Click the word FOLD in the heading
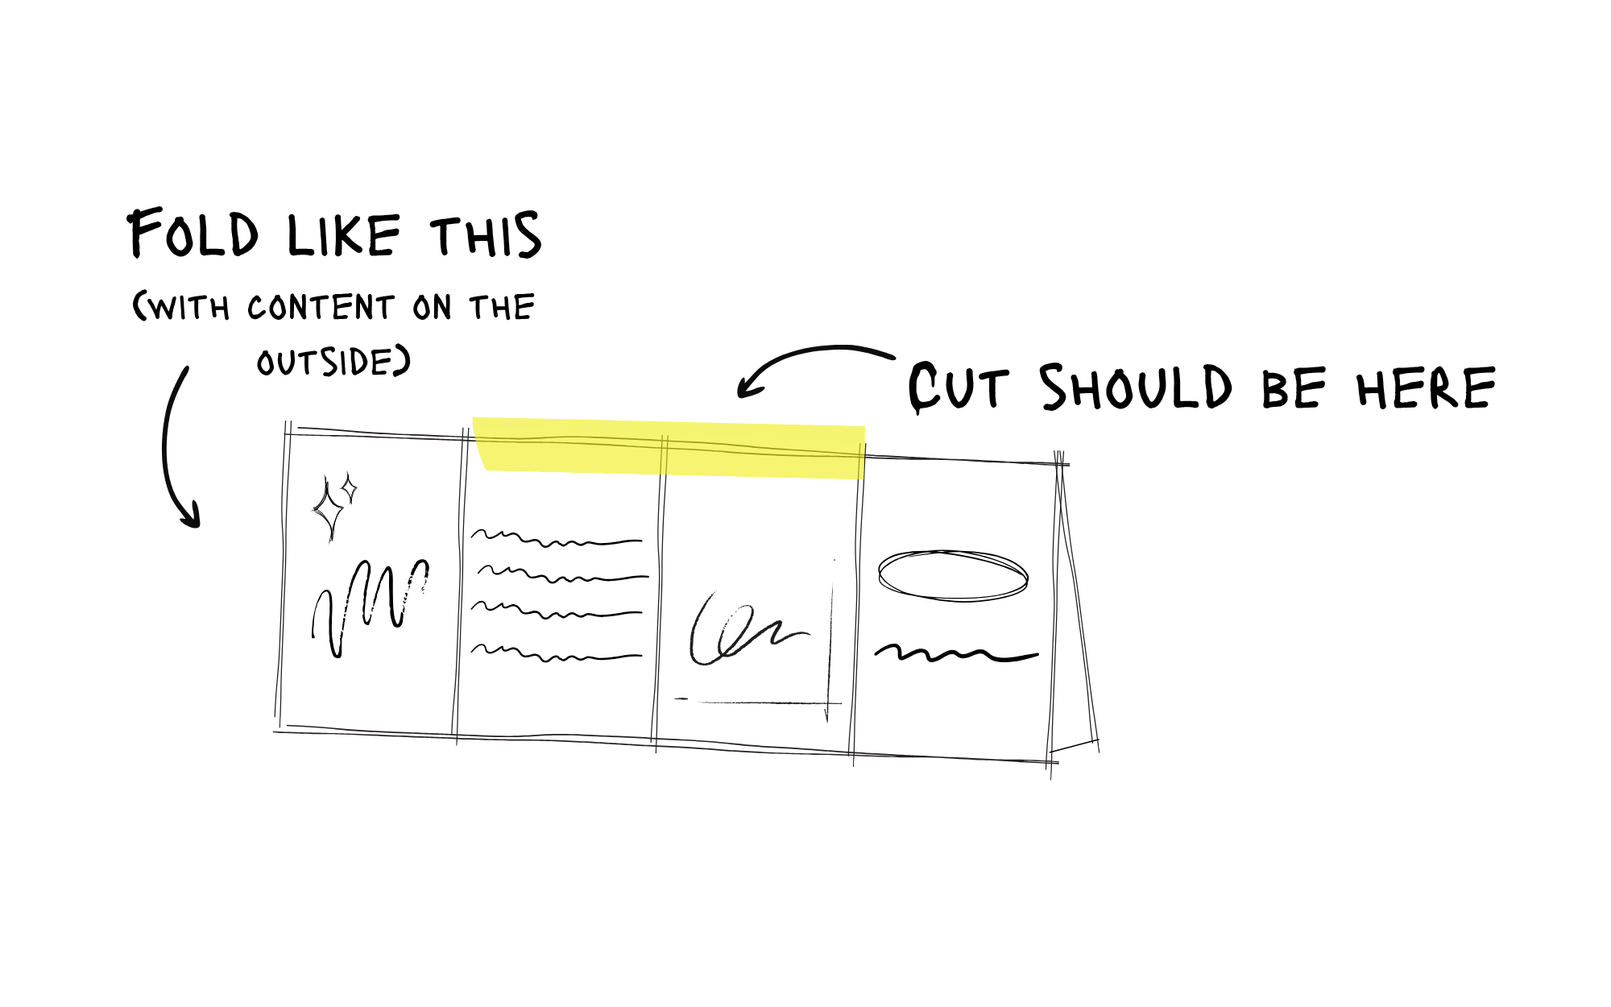pyautogui.click(x=193, y=234)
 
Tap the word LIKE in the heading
pyautogui.click(x=343, y=236)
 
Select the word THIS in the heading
pyautogui.click(x=486, y=236)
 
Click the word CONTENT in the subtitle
pyautogui.click(x=321, y=308)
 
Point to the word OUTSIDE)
pyautogui.click(x=333, y=363)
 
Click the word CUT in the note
pyautogui.click(x=959, y=388)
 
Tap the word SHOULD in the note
pyautogui.click(x=1136, y=387)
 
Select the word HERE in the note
pyautogui.click(x=1426, y=388)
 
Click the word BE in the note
pyautogui.click(x=1293, y=388)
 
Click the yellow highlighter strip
pyautogui.click(x=669, y=449)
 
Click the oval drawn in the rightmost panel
pyautogui.click(x=953, y=575)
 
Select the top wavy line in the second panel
pyautogui.click(x=556, y=538)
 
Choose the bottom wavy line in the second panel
pyautogui.click(x=556, y=653)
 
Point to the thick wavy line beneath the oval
pyautogui.click(x=956, y=653)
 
